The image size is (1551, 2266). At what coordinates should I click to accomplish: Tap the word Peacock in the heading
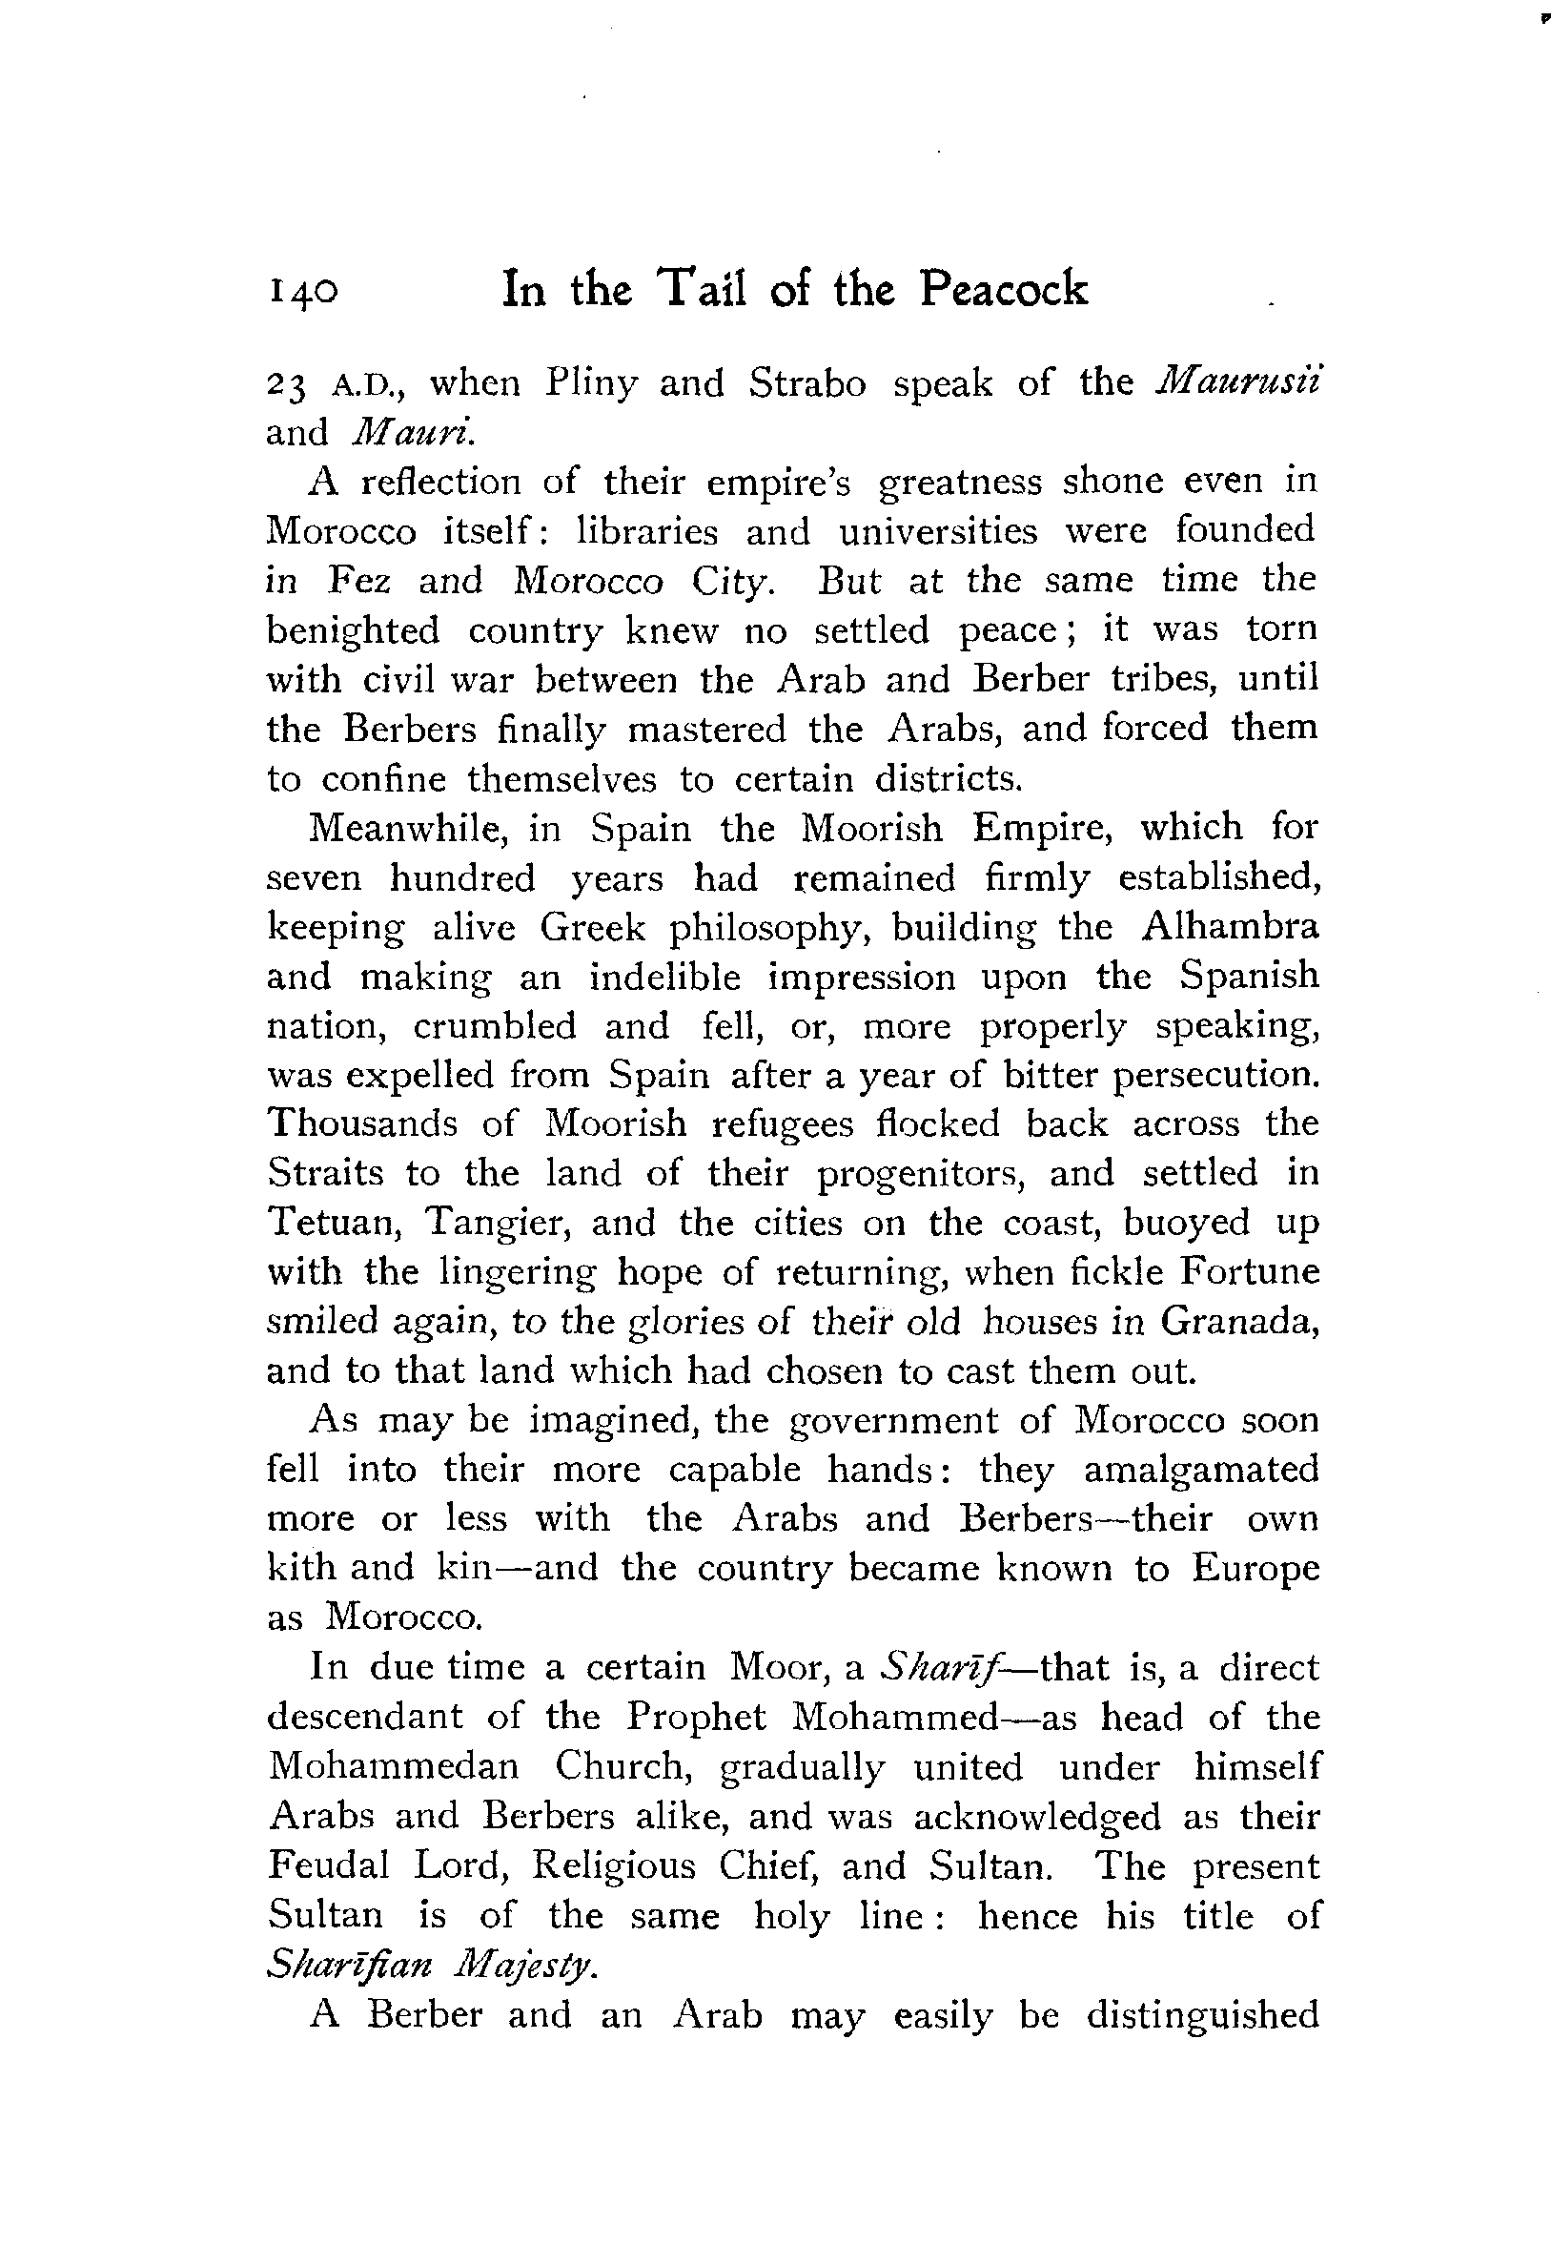coord(1003,290)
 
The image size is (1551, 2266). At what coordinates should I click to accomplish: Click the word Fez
coord(359,581)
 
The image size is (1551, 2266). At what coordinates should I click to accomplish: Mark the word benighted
coord(353,631)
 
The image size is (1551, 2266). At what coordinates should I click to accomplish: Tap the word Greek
coord(593,926)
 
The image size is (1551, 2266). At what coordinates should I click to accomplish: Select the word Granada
coord(1239,1321)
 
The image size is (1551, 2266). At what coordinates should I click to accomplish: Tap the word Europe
coord(1256,1569)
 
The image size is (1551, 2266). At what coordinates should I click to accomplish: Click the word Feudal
coord(328,1865)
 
